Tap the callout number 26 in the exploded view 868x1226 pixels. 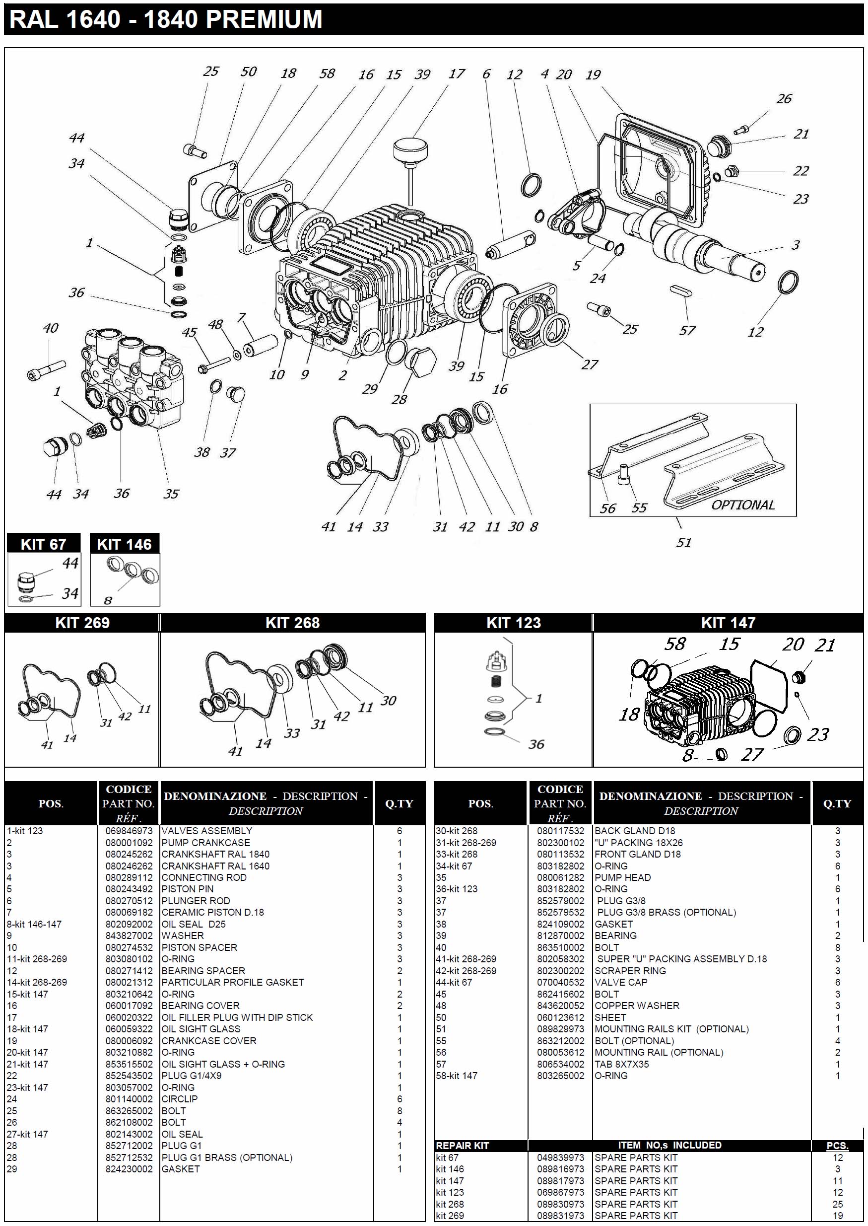(x=784, y=99)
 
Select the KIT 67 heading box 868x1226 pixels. (x=43, y=544)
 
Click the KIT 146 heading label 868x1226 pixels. (x=124, y=544)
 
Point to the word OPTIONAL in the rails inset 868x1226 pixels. (x=742, y=505)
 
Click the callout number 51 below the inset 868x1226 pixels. (x=683, y=543)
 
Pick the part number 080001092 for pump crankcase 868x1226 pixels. (x=129, y=843)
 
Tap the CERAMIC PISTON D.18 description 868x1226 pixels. (x=213, y=912)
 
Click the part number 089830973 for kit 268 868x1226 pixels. (x=560, y=1204)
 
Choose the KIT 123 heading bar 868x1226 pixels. (x=513, y=623)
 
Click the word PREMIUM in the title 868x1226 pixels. (x=264, y=19)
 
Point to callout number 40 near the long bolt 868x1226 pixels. (x=50, y=328)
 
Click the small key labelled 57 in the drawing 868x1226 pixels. (x=680, y=291)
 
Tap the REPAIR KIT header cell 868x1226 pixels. (x=463, y=1145)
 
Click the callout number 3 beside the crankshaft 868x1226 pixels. (x=796, y=245)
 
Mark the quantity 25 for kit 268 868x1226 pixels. (x=837, y=1204)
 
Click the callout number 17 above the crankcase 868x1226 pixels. (x=456, y=74)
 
